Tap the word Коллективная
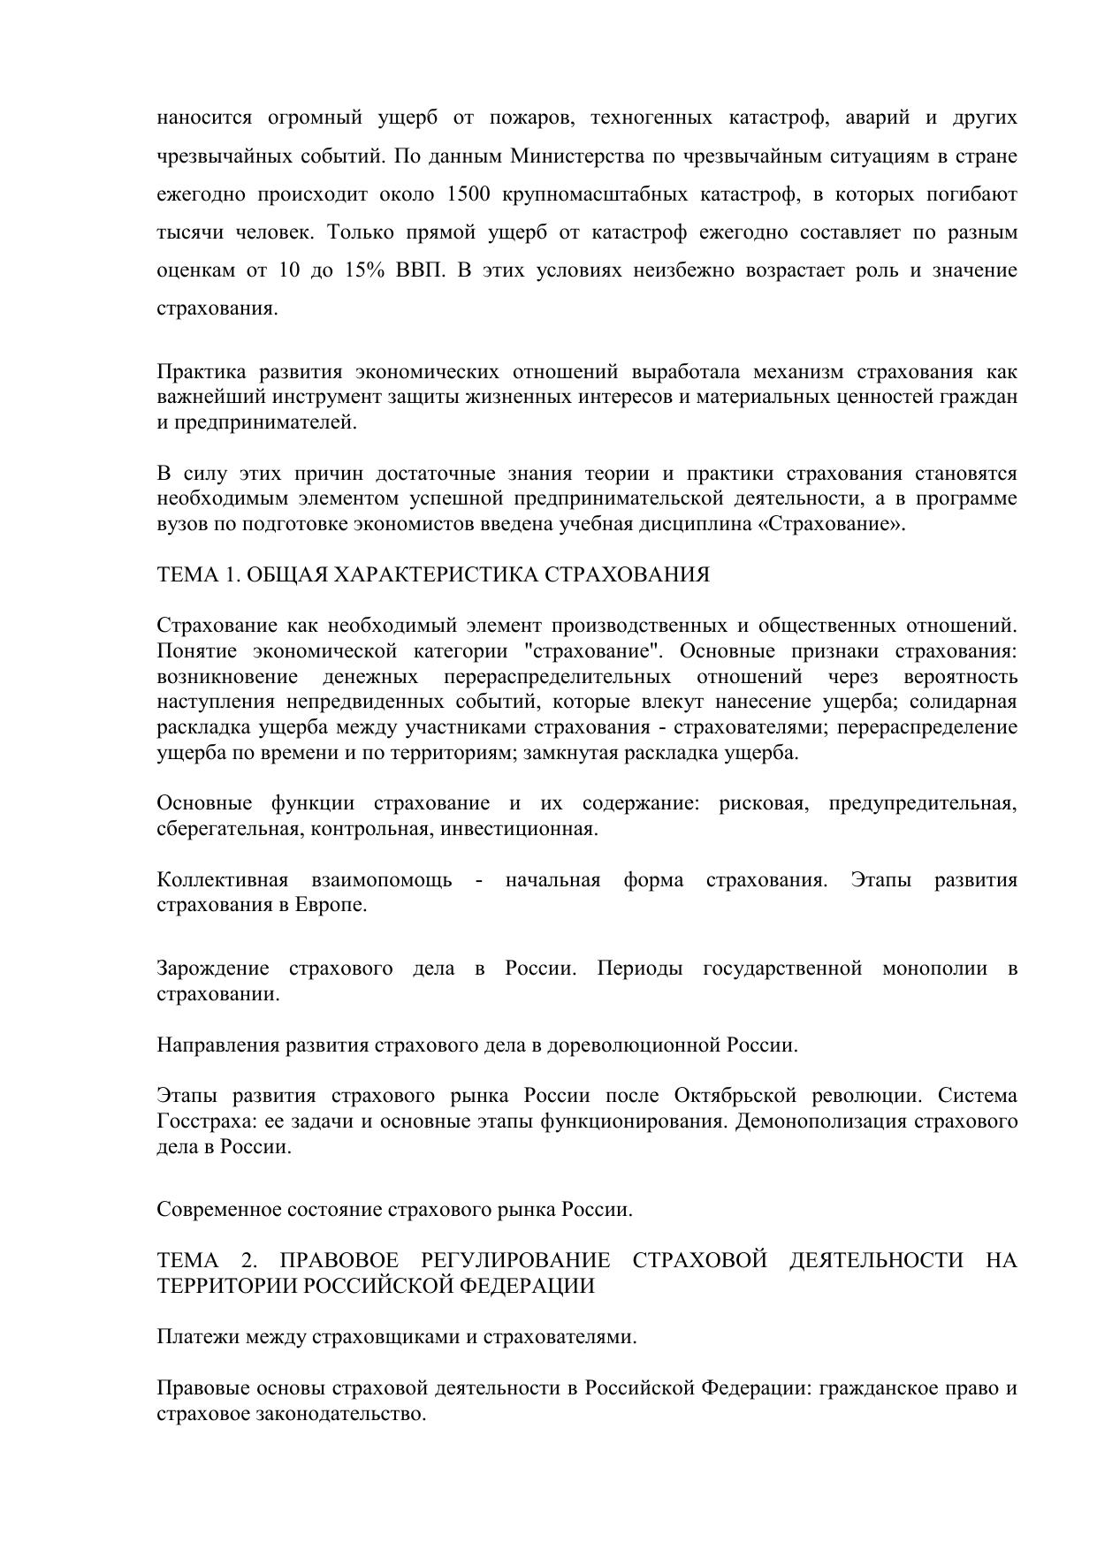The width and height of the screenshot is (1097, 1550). (x=223, y=880)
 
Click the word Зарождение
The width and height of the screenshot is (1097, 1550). (x=213, y=969)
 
